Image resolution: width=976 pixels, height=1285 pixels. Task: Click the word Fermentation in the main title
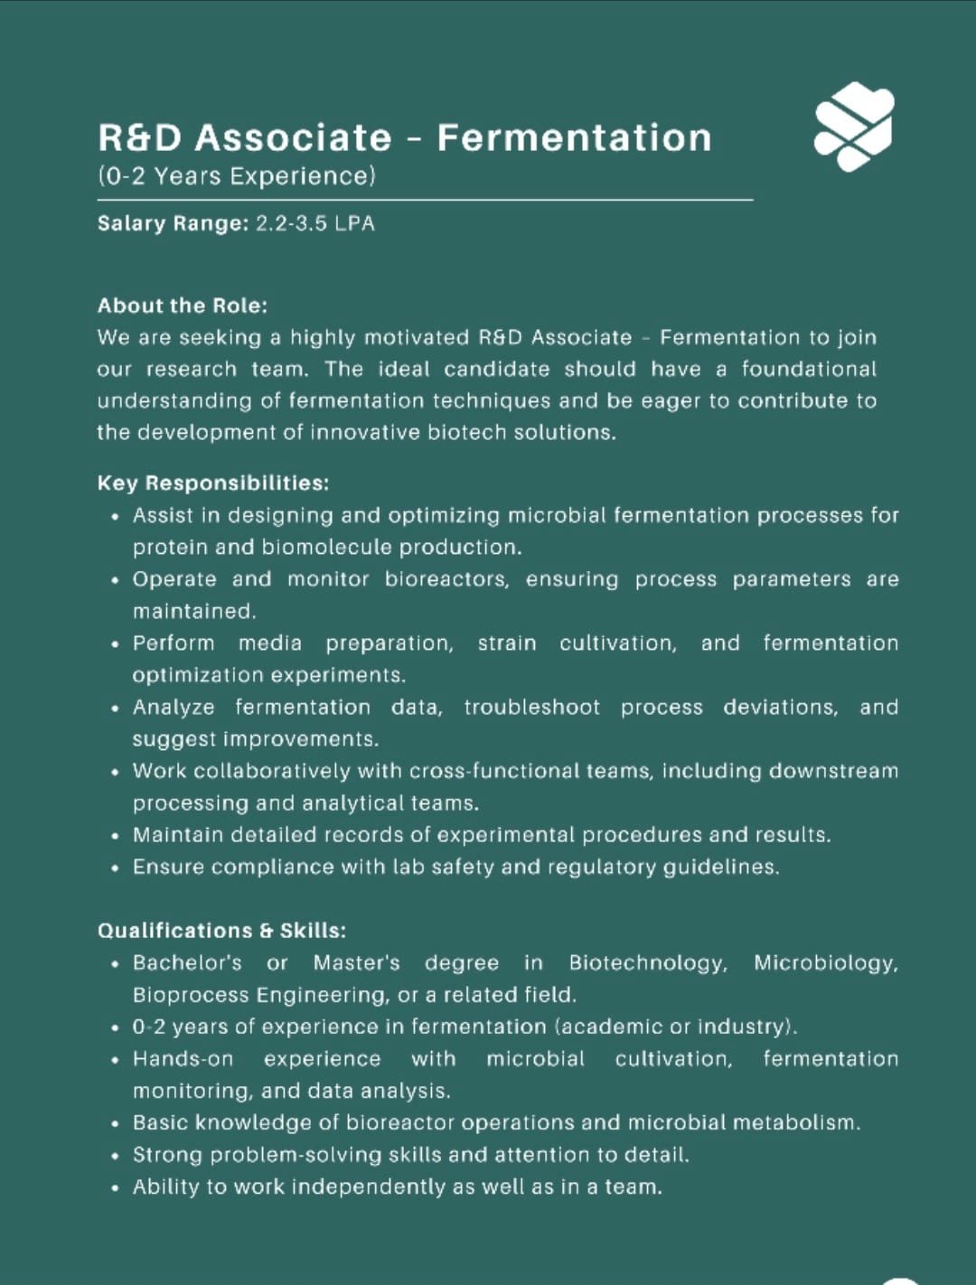coord(574,137)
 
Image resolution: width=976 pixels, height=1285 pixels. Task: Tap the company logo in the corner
coord(854,126)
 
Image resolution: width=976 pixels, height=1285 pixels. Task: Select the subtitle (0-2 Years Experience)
coord(236,175)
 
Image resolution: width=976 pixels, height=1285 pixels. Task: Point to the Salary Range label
coord(173,223)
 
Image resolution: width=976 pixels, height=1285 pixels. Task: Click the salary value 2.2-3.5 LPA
coord(314,223)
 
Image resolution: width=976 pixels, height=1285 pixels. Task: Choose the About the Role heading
coord(183,305)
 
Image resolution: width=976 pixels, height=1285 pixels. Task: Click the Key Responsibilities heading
coord(213,483)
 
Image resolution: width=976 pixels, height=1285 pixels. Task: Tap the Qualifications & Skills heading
coord(221,930)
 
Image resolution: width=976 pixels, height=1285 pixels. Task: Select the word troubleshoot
coord(531,707)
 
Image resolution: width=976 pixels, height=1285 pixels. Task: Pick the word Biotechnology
coord(647,962)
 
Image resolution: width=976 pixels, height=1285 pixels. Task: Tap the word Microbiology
coord(825,962)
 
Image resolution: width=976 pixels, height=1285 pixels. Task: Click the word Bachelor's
coord(187,962)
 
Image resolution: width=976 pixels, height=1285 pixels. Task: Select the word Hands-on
coord(183,1058)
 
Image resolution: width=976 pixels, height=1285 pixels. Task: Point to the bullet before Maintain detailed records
coord(115,836)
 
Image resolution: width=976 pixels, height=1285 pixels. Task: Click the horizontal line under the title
coord(425,200)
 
